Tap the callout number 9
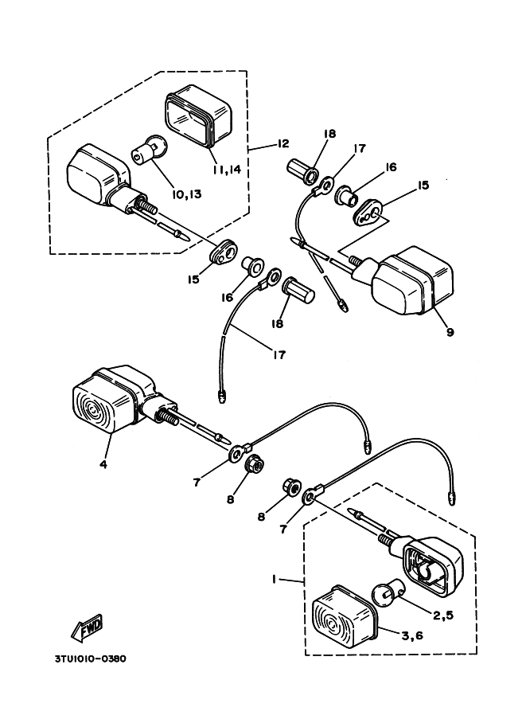pyautogui.click(x=450, y=332)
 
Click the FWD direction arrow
pyautogui.click(x=88, y=627)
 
